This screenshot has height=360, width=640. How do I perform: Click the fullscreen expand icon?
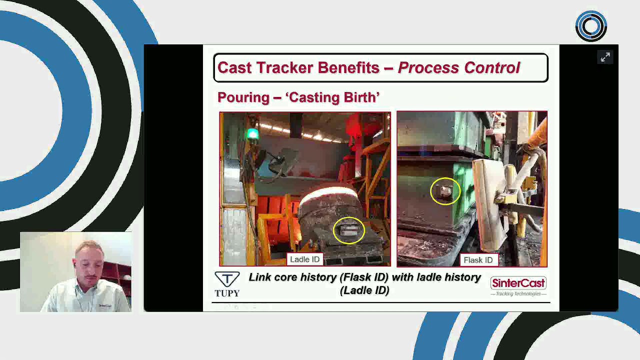pos(605,57)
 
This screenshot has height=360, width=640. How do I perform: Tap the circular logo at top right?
pos(591,25)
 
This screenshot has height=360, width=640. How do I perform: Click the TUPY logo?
pos(227,284)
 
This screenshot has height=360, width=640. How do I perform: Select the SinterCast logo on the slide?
pos(518,286)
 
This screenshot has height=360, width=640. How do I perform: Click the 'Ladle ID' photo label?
pos(304,259)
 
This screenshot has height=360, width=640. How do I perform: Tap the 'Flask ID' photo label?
pos(478,260)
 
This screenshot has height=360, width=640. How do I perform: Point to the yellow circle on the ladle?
pos(348,230)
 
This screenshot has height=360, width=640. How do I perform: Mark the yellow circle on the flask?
pos(445,191)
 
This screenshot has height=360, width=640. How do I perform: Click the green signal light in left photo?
pos(252,133)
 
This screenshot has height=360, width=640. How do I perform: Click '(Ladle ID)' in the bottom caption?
pos(364,290)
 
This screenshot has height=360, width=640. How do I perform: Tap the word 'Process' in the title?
pos(427,67)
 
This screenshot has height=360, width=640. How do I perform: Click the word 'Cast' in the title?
pos(234,67)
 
